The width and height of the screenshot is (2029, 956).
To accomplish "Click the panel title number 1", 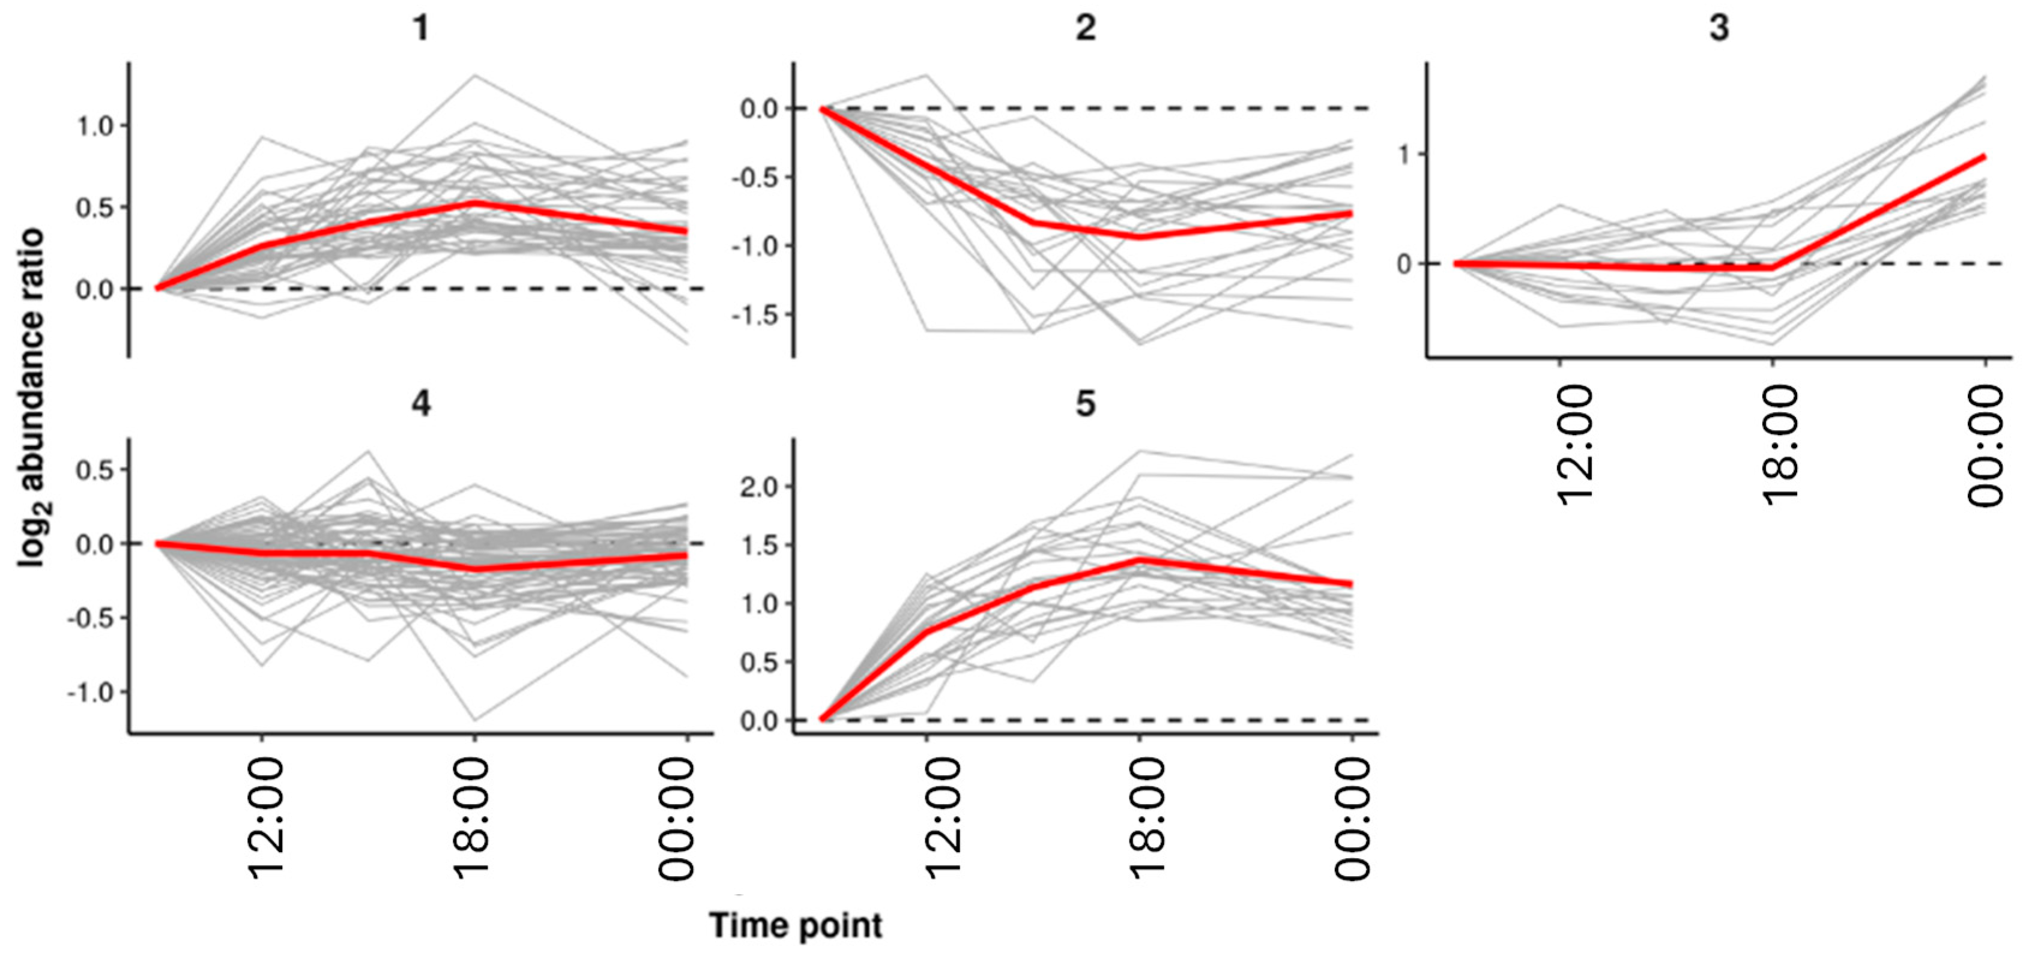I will click(x=422, y=28).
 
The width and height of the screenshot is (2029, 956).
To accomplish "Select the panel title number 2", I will click(x=1086, y=28).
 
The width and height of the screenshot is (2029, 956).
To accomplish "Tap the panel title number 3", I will click(x=1719, y=28).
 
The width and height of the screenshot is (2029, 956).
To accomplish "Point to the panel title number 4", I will click(x=422, y=404).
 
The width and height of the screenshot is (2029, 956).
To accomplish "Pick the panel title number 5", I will click(x=1086, y=404).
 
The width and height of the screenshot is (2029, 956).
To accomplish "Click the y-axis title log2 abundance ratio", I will click(x=31, y=398).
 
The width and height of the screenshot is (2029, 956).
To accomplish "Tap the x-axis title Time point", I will click(x=796, y=925).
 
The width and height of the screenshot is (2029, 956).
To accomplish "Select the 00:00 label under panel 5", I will click(x=1353, y=819).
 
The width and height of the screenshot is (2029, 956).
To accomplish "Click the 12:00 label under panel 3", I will click(x=1574, y=445).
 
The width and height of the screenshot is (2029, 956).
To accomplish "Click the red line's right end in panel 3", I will click(x=1984, y=157).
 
